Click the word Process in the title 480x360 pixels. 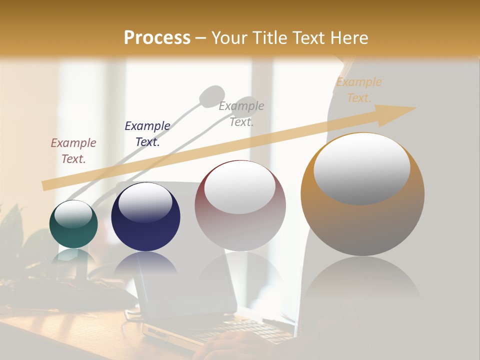157,38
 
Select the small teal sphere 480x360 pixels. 73,224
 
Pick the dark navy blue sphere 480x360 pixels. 145,217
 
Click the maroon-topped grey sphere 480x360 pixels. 240,205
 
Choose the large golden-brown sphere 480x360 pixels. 362,194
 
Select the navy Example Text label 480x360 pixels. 147,134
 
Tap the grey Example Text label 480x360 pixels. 241,114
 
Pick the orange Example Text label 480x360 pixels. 358,90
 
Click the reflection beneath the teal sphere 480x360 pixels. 73,257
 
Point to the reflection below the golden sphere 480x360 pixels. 362,280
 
